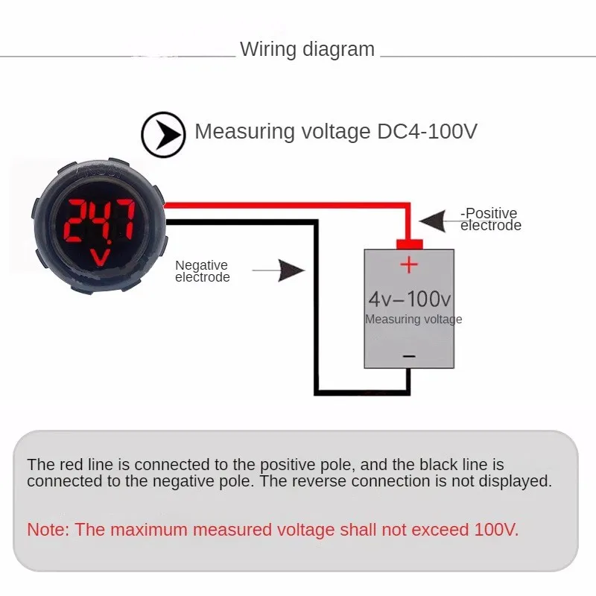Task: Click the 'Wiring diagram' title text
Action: click(307, 50)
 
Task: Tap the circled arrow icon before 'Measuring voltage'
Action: click(163, 134)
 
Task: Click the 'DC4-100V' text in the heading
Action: click(423, 132)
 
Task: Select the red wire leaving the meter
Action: click(283, 205)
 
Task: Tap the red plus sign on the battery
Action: click(409, 264)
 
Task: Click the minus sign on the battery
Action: click(409, 357)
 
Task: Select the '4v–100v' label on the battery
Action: click(410, 299)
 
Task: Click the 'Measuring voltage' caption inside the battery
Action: click(413, 320)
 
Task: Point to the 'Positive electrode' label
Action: click(490, 220)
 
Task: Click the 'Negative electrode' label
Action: click(202, 271)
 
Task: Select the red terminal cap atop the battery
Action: click(409, 244)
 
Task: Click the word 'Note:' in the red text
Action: click(48, 530)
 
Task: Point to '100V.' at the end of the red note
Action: click(496, 530)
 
